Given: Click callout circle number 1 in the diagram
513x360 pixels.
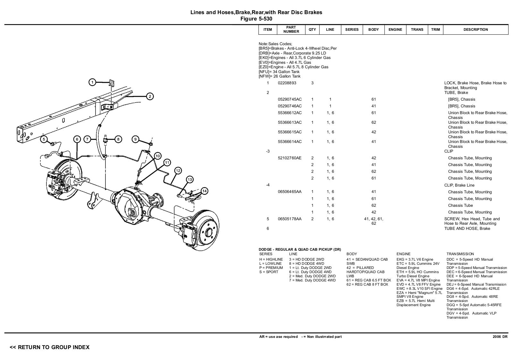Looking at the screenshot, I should [x=92, y=82].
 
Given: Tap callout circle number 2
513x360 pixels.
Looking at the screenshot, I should [x=150, y=96].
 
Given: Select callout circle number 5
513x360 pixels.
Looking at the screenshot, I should [x=44, y=139].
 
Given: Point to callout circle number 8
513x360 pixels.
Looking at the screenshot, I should [x=118, y=139].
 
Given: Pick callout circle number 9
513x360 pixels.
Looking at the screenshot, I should [x=136, y=139].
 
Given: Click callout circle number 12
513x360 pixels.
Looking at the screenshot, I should [x=178, y=171].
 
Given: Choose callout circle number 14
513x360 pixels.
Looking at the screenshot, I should [x=205, y=191].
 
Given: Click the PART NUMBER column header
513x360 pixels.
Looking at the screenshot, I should [x=291, y=29].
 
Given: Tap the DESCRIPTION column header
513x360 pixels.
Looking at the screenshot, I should [x=475, y=29].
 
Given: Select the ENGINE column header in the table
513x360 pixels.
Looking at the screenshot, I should [x=395, y=29].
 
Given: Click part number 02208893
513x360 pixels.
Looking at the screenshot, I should [x=287, y=83].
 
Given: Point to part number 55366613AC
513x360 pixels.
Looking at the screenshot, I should [x=290, y=122].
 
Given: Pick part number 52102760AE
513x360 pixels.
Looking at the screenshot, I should [x=290, y=158].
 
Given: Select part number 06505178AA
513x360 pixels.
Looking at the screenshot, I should [x=290, y=219].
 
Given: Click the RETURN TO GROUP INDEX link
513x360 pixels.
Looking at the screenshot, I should [x=50, y=347].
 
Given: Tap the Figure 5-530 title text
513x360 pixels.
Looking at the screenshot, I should [x=256, y=19].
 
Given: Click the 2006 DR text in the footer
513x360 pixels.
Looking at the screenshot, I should [x=500, y=337].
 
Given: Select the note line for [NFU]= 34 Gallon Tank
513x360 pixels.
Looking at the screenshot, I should [x=279, y=72].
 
